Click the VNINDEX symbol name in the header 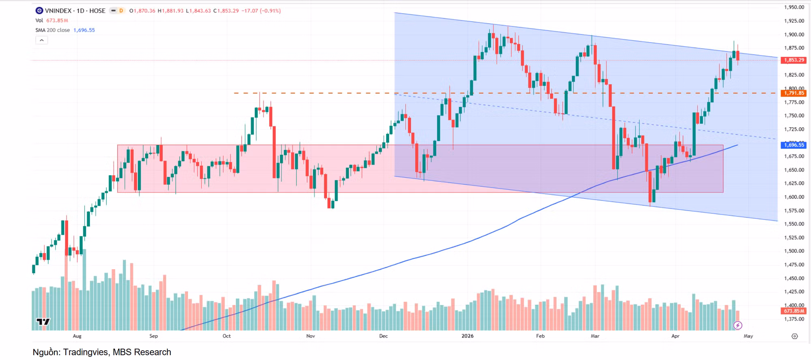[58, 11]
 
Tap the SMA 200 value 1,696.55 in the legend [84, 30]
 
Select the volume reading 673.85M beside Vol [57, 21]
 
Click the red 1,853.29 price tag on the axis [794, 60]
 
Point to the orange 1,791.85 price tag [794, 93]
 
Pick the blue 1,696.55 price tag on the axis [794, 145]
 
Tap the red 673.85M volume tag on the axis [794, 311]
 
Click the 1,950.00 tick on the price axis [794, 7]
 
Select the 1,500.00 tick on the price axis [794, 251]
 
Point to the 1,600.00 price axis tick [794, 197]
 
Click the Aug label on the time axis [77, 336]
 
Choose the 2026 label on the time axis [468, 336]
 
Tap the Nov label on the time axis [311, 336]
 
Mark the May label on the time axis [748, 336]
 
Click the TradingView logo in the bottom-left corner [43, 322]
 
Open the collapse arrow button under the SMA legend [41, 40]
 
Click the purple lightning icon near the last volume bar [738, 326]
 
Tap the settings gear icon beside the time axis [794, 336]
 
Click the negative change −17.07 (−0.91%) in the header [261, 11]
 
